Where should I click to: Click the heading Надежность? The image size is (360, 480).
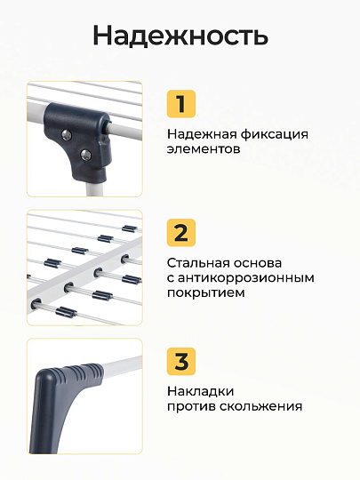[180, 36]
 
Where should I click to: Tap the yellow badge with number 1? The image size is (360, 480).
[181, 104]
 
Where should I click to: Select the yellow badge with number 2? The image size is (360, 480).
[181, 233]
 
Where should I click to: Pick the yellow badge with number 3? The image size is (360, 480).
[181, 361]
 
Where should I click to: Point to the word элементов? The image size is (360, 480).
[204, 149]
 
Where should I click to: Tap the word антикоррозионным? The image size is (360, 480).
[246, 278]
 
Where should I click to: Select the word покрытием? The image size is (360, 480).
[205, 293]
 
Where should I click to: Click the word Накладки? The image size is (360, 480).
[201, 392]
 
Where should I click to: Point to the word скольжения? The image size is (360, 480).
[261, 406]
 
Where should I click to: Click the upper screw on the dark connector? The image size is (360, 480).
[67, 135]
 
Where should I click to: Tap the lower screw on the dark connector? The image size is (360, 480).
[85, 155]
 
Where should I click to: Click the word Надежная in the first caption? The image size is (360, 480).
[202, 135]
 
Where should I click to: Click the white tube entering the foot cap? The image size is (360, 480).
[123, 367]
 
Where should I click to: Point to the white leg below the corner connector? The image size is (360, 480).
[92, 188]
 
